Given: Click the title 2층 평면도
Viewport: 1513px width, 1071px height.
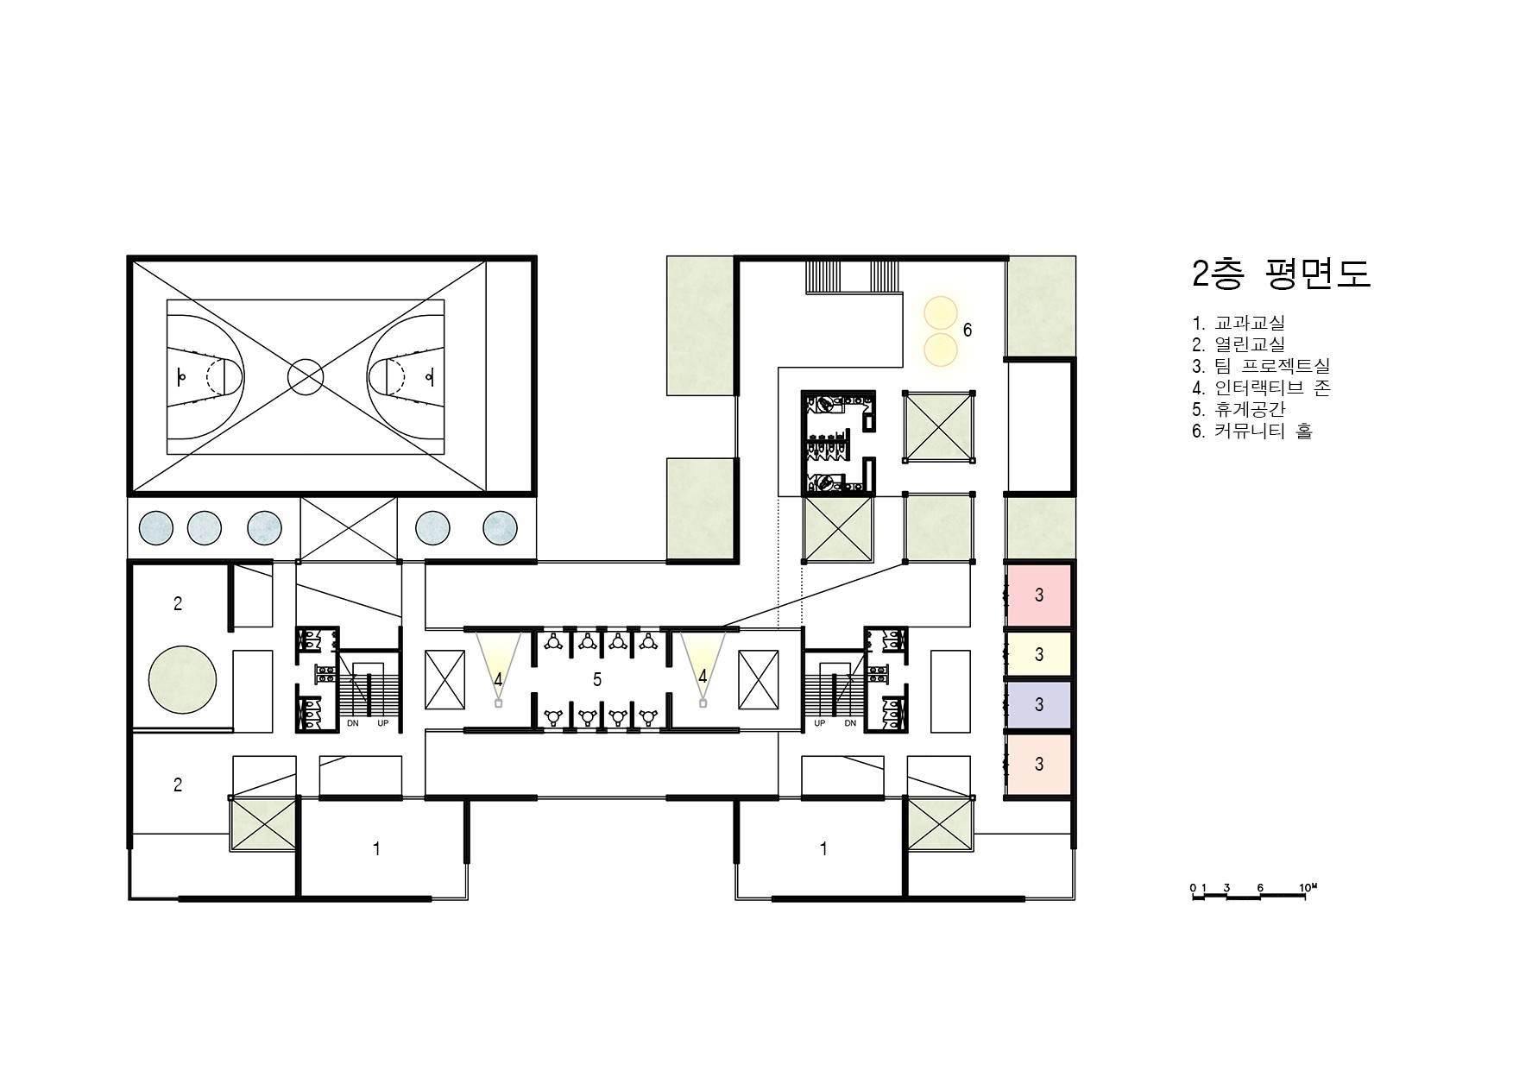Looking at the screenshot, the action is coord(1281,274).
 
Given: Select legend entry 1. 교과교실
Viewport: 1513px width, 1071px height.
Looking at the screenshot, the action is coord(1239,323).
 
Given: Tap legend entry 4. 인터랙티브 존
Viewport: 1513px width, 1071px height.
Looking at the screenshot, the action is coord(1261,387).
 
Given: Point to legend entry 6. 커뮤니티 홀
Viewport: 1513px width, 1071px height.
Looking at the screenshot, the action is coord(1252,431).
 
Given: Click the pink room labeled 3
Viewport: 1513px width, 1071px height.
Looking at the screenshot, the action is coord(1039,595).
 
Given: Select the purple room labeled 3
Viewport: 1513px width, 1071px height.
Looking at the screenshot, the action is coord(1039,705).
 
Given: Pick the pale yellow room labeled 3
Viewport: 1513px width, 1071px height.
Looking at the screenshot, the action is coord(1039,655).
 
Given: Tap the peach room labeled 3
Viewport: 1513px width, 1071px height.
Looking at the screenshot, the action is coord(1039,765).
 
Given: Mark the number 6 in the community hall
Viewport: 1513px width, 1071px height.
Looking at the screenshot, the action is coord(968,331).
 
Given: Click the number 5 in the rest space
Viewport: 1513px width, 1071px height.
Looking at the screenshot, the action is coord(597,680).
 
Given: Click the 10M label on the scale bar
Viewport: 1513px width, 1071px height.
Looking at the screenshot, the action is coord(1308,887).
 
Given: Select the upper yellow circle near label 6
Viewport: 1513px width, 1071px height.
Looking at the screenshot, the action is coord(941,312).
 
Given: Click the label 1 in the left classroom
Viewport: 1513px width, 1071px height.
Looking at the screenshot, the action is coord(376,849).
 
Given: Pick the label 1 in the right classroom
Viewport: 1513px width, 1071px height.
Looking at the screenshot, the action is coord(823,849).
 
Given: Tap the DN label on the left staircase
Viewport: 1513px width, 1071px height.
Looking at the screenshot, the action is coord(353,723).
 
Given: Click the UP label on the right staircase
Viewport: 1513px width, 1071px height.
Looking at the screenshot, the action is coord(820,723).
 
